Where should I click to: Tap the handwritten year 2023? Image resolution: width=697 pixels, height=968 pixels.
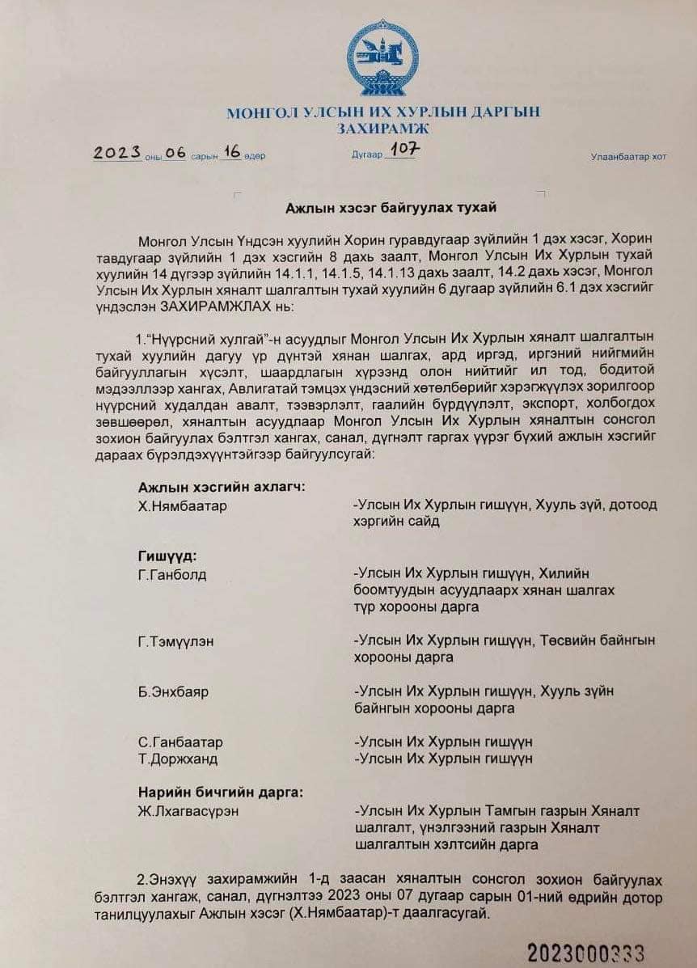click(117, 152)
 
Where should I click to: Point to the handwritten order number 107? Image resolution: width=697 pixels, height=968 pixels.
click(403, 150)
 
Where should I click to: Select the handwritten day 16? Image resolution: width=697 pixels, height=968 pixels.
click(233, 152)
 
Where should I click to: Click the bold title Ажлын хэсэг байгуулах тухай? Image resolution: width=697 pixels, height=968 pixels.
click(391, 208)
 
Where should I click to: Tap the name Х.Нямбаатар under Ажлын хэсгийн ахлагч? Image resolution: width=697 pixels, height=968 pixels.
click(183, 505)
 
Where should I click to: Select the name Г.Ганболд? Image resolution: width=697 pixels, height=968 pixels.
click(172, 575)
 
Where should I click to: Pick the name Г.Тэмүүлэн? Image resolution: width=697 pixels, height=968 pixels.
click(176, 641)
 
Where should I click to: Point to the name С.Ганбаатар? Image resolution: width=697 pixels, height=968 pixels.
click(180, 742)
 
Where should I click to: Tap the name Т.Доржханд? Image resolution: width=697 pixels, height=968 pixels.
click(178, 759)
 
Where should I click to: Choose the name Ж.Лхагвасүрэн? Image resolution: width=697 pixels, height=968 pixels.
click(188, 810)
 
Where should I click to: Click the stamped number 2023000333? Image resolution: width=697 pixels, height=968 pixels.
click(586, 953)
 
